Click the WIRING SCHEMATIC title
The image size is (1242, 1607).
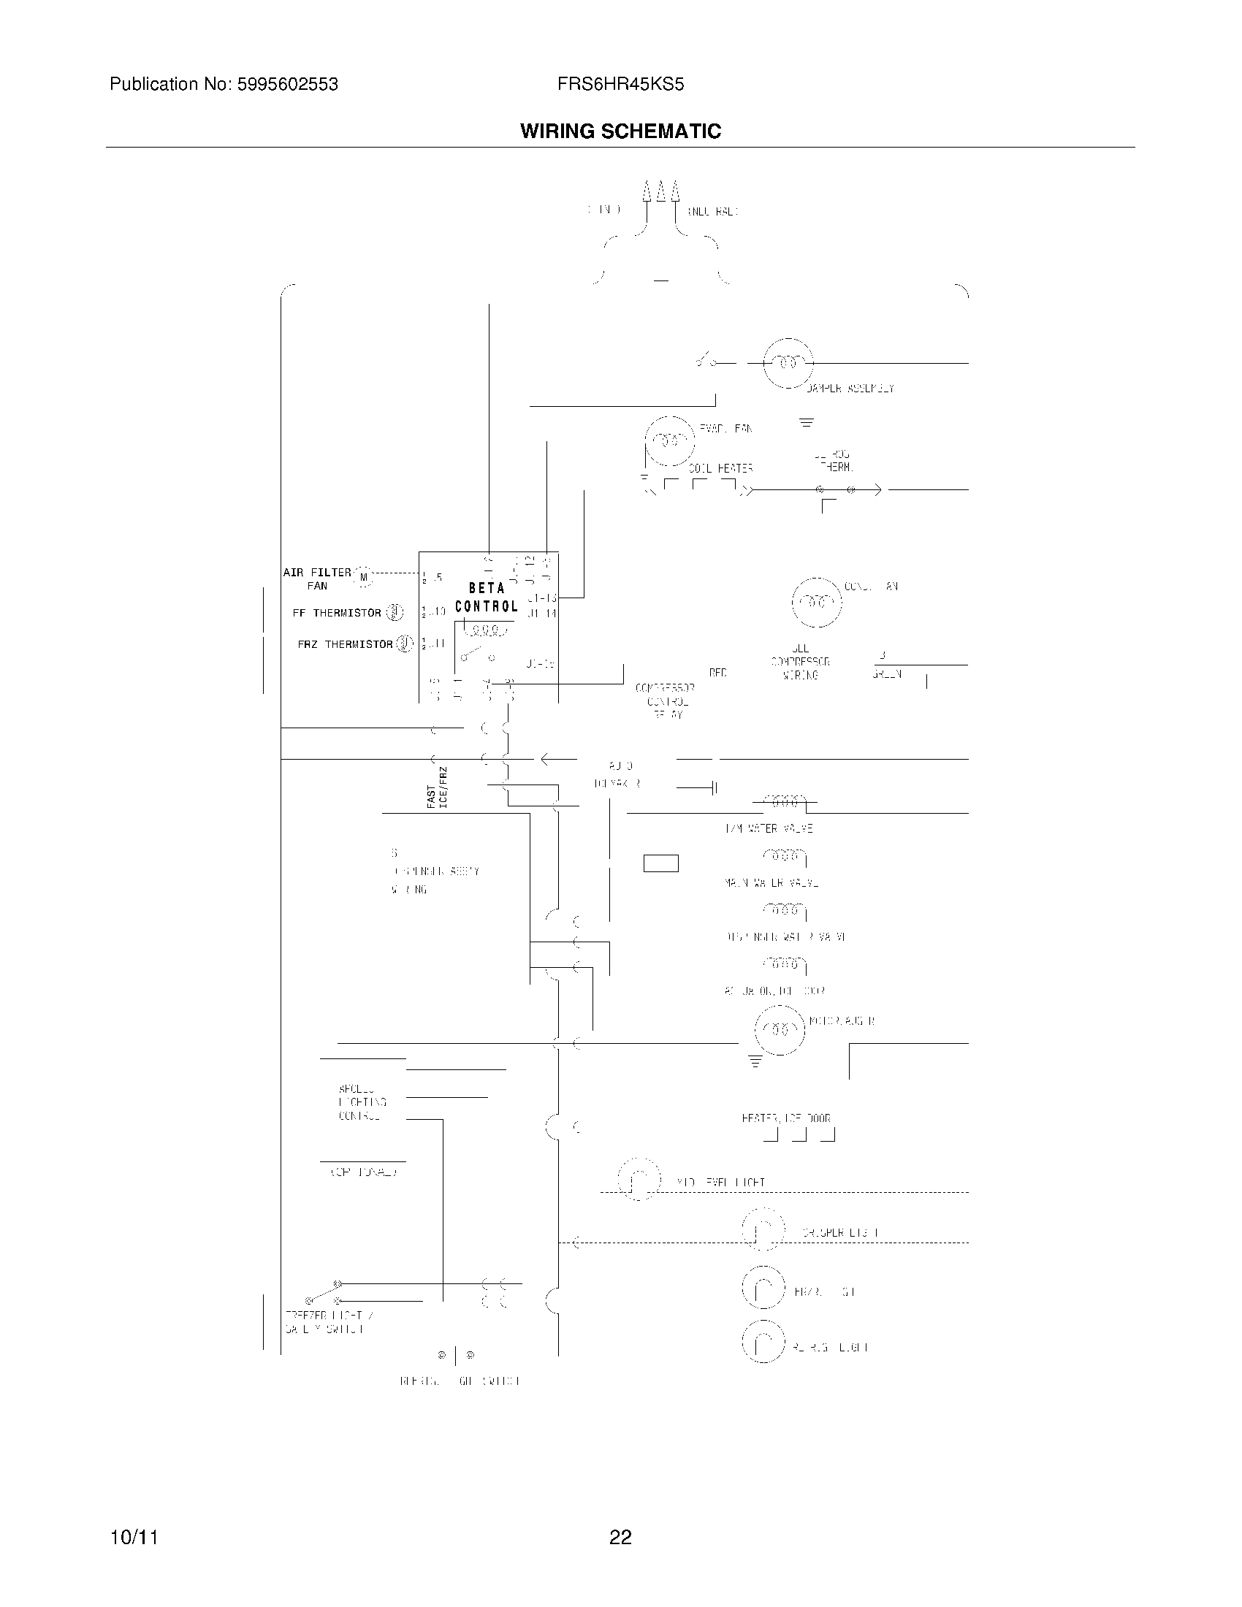(620, 131)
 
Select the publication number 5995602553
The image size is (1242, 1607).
(286, 85)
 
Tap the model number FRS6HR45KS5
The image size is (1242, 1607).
(620, 85)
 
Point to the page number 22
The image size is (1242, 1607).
(620, 1537)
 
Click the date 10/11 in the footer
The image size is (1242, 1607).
(133, 1537)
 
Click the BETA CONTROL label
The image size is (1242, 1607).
(487, 597)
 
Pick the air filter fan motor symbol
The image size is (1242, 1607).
(364, 578)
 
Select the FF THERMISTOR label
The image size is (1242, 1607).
(336, 613)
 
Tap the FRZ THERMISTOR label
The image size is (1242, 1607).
(345, 644)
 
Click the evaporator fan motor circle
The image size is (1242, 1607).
(669, 440)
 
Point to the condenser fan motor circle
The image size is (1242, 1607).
(817, 602)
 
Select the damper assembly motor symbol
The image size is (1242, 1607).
(789, 363)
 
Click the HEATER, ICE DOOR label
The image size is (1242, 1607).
(786, 1118)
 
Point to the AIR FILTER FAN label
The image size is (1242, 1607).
(317, 579)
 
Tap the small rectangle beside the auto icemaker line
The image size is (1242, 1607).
(660, 863)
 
